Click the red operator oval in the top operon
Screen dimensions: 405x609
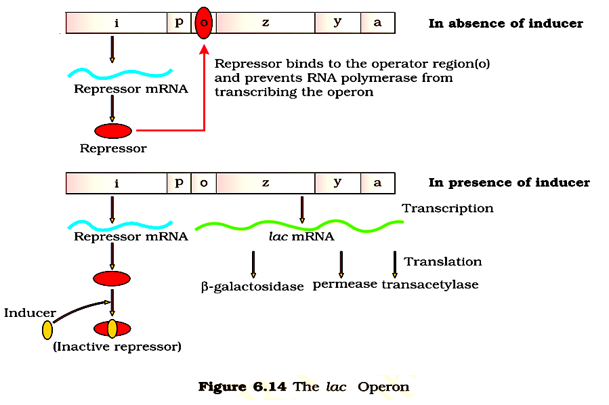click(x=203, y=23)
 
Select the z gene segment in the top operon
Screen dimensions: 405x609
click(x=266, y=23)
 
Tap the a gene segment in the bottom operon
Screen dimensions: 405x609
click(x=377, y=183)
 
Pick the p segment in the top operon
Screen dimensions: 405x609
click(x=179, y=23)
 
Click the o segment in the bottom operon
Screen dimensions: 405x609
click(x=203, y=183)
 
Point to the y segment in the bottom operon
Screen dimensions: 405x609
click(x=337, y=183)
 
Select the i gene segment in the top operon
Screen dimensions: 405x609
click(x=117, y=23)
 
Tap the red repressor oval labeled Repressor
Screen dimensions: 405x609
click(x=113, y=131)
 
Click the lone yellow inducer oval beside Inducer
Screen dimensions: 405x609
click(x=47, y=330)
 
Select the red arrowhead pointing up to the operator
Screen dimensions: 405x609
click(x=203, y=49)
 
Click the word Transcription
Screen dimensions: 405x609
click(x=448, y=209)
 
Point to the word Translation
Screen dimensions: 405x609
click(x=443, y=261)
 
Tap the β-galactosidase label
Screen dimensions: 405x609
click(x=252, y=287)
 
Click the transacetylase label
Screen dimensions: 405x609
click(x=430, y=284)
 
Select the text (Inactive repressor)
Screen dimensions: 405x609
click(x=117, y=347)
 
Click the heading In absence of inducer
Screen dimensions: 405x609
click(x=505, y=24)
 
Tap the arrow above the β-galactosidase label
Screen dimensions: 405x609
click(x=253, y=264)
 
